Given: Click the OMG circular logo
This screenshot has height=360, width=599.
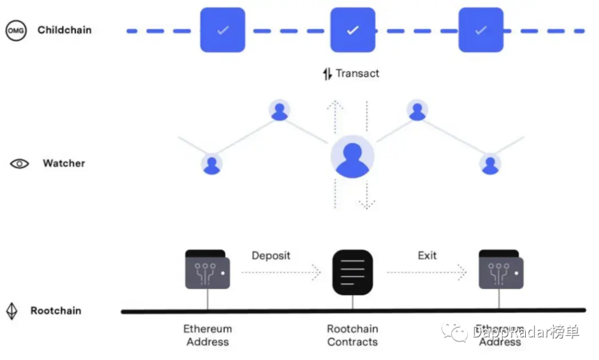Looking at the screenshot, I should tap(16, 31).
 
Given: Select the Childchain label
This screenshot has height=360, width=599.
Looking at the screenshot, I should tap(64, 30).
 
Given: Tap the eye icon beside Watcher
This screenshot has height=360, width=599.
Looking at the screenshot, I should tap(19, 164).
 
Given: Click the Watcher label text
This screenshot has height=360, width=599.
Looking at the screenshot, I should tap(64, 164).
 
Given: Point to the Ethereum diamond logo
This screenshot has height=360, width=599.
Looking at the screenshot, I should tap(12, 311).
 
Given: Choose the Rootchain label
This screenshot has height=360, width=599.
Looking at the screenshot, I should tap(55, 311).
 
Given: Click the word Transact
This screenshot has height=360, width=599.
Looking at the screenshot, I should tap(358, 73).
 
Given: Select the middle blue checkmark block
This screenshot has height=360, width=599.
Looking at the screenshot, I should tap(353, 30).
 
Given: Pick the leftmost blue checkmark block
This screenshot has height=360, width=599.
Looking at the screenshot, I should tap(222, 30).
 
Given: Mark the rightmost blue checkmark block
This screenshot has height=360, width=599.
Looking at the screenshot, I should tap(481, 30).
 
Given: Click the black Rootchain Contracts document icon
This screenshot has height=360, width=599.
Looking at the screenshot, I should tap(352, 272).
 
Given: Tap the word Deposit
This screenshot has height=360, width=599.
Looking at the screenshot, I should tap(271, 256).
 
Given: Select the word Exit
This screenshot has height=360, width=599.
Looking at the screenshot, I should tap(427, 256).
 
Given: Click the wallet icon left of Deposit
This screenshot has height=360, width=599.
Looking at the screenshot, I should tap(207, 270).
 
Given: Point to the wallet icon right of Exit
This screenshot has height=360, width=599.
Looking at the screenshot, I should tap(501, 270).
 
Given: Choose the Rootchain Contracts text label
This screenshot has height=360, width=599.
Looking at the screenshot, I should tap(352, 336).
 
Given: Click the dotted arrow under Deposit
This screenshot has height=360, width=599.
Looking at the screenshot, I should tap(281, 272).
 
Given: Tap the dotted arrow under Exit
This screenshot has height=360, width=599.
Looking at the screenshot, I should tap(427, 272).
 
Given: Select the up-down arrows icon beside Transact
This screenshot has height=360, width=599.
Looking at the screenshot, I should tap(327, 74).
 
